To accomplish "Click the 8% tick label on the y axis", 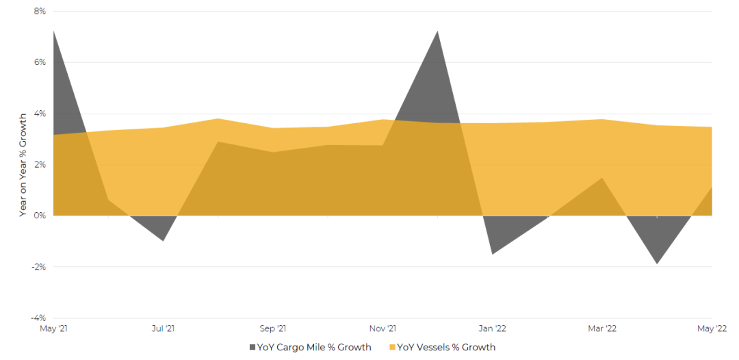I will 40,12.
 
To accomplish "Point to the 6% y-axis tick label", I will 40,62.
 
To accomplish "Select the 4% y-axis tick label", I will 40,114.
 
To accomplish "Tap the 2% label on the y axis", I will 40,164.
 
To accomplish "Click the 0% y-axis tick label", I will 40,216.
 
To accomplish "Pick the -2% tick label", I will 38,266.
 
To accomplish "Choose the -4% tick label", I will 38,318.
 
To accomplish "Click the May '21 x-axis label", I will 53,329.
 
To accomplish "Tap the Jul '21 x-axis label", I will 163,329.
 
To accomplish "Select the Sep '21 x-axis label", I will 273,329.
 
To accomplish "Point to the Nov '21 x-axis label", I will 383,329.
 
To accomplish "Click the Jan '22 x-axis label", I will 492,329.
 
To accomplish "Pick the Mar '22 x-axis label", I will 602,329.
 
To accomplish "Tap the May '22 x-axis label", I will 712,329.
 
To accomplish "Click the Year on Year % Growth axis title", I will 23,165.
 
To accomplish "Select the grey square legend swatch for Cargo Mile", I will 252,348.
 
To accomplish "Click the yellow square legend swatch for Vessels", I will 392,348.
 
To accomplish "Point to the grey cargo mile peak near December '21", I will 437,31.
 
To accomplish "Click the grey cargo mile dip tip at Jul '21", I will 163,240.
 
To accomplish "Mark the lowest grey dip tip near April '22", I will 657,263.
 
